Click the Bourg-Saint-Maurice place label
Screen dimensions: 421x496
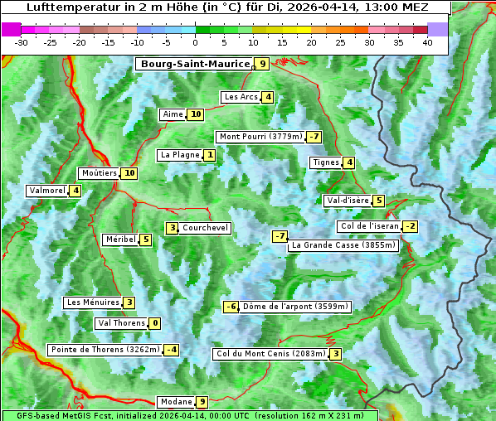(x=195, y=64)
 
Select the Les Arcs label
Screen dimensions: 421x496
(x=241, y=97)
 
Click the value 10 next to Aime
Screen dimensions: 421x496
(x=196, y=114)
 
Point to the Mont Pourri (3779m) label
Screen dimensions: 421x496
(x=260, y=137)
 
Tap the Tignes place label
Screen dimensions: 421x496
(x=326, y=162)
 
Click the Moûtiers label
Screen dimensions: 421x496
(x=99, y=173)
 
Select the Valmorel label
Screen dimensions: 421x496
(x=46, y=191)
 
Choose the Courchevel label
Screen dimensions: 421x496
(x=206, y=228)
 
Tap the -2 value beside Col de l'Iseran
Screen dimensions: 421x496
(x=410, y=226)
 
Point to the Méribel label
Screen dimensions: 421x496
(x=120, y=240)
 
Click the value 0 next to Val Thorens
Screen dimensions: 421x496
(x=155, y=323)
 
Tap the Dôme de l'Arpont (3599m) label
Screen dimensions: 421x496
(x=296, y=307)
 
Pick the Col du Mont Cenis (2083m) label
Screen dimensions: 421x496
(x=270, y=354)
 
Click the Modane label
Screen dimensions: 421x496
(x=176, y=402)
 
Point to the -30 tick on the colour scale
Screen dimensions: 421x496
(x=22, y=41)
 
